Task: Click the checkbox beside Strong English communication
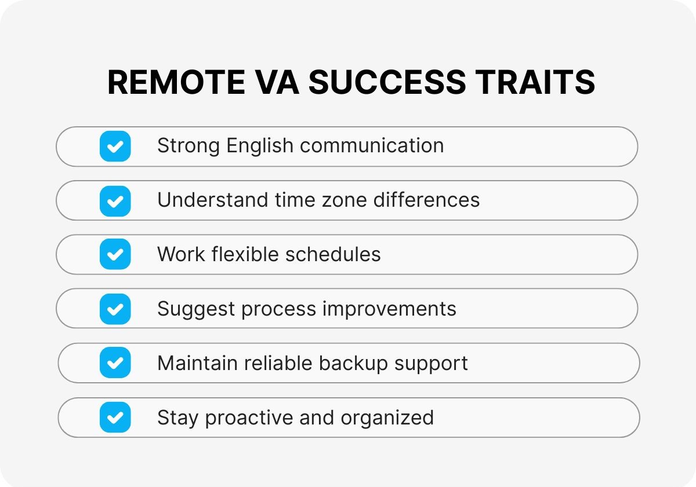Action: (115, 146)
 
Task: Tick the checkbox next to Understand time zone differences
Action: (115, 200)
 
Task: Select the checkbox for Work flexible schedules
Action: (115, 255)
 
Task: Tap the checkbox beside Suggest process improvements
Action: (115, 309)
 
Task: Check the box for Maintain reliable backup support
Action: (115, 363)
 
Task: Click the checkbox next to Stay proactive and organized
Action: (115, 418)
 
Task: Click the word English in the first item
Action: (260, 146)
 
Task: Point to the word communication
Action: (372, 146)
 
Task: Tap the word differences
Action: (426, 200)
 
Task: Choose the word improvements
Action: (389, 309)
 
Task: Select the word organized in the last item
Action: (387, 418)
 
